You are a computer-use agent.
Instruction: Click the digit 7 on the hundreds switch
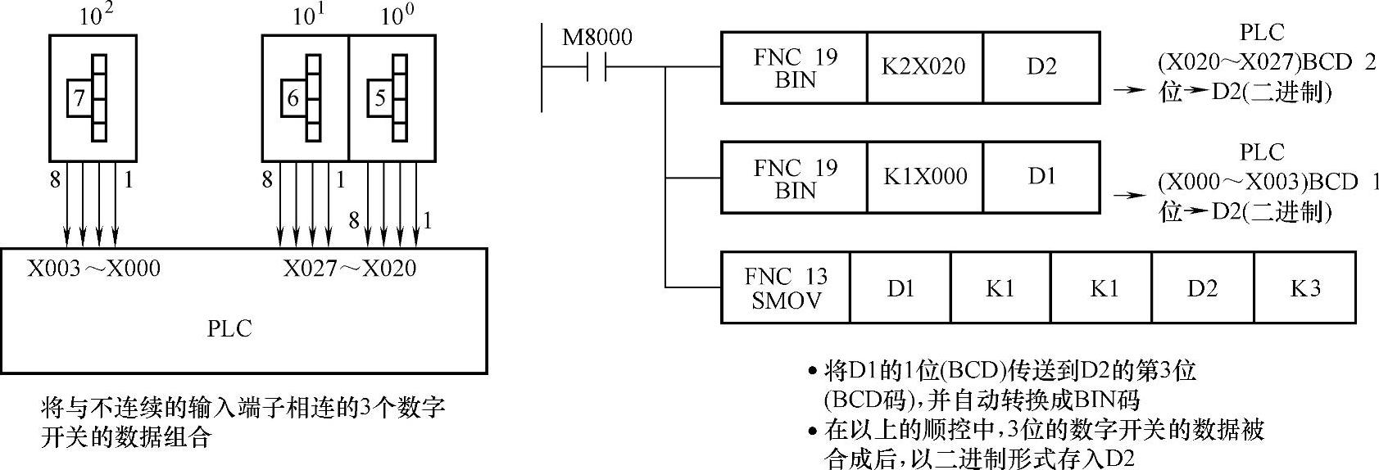pos(79,99)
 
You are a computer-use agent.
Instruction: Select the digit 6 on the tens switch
pos(293,99)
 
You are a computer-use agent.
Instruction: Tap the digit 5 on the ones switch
pos(379,99)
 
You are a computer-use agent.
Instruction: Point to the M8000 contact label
pos(597,38)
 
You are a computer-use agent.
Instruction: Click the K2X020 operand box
pos(923,66)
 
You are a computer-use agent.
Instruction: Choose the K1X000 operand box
pos(924,177)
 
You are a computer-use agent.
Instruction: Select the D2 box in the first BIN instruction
pos(1041,66)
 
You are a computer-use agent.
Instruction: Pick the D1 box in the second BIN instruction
pos(1041,177)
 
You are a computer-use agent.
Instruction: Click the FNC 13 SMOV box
pos(785,287)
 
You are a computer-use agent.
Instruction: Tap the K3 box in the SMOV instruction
pos(1304,287)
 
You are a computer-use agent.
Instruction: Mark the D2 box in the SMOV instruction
pos(1202,287)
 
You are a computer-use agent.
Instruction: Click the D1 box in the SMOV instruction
pos(900,287)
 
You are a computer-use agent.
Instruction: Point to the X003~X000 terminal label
pos(93,269)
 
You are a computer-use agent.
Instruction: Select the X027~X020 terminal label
pos(349,269)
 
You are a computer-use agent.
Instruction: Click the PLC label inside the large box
pos(229,328)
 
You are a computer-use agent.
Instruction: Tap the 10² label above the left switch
pos(95,16)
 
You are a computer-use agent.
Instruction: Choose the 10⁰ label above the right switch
pos(393,16)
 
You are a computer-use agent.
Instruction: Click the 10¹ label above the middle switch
pos(305,16)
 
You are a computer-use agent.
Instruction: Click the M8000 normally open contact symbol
pos(597,66)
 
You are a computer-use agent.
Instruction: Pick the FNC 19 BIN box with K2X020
pos(793,66)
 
